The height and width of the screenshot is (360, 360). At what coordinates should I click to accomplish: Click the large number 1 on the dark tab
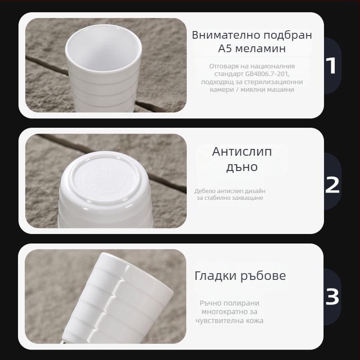[332, 66]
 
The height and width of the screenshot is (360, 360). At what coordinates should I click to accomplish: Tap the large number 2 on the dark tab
[332, 185]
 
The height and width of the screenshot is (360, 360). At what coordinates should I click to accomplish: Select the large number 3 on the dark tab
[332, 297]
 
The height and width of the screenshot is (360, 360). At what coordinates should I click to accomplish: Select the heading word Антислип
[242, 152]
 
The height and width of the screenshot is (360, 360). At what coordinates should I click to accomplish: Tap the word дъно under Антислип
[242, 167]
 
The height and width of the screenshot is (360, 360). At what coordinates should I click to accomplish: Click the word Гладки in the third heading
[216, 276]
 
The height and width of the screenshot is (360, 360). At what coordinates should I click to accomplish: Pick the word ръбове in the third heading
[263, 276]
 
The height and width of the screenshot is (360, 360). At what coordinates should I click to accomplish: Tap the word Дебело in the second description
[205, 191]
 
